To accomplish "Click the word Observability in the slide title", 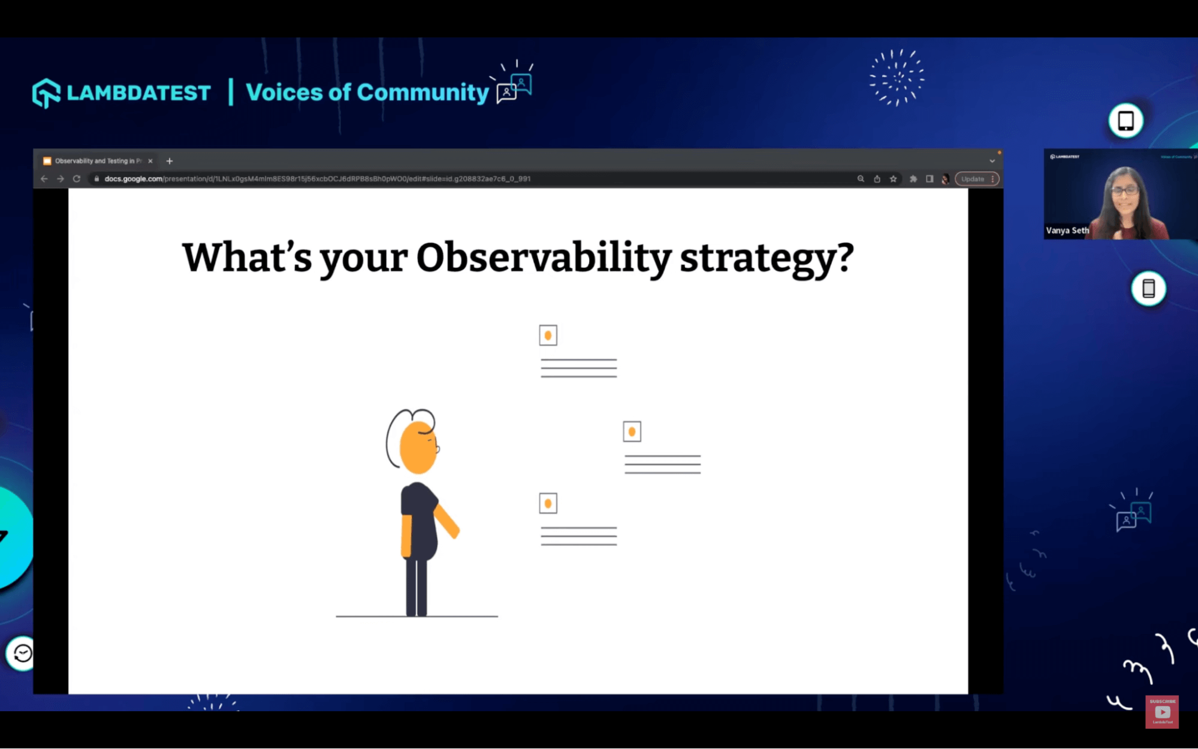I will point(543,258).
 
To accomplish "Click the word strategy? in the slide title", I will point(766,258).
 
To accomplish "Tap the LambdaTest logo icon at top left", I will point(46,93).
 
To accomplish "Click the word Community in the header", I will point(423,92).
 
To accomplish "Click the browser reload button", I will point(77,179).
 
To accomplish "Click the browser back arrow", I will point(44,179).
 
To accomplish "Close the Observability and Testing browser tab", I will point(150,161).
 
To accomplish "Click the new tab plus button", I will point(170,161).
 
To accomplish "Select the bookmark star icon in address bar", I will point(893,179).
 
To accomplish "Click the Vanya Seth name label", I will point(1067,230).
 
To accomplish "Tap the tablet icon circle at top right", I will point(1125,120).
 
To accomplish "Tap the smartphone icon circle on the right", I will point(1148,288).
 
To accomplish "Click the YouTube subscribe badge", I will point(1161,711).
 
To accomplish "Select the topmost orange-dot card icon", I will point(548,336).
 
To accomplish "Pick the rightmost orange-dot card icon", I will point(632,431).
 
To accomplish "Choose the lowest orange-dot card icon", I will point(548,503).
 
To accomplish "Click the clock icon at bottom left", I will point(22,653).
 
